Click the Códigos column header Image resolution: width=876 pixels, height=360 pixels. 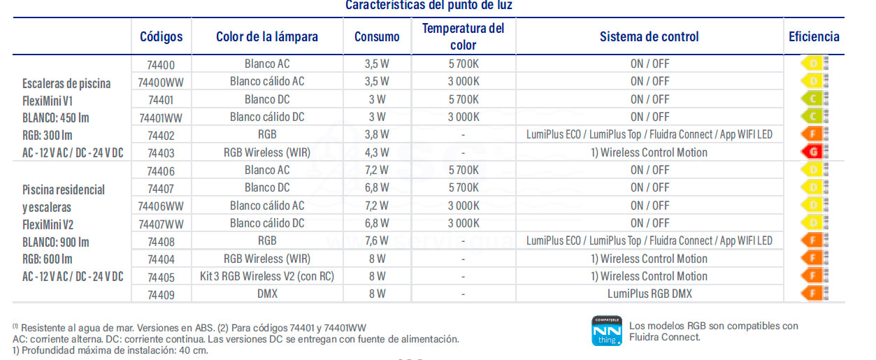click(161, 36)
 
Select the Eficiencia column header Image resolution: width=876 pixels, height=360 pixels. click(814, 36)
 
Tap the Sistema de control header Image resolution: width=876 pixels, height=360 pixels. click(649, 36)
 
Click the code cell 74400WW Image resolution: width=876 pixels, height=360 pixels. click(161, 81)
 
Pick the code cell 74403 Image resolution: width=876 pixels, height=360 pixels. click(161, 152)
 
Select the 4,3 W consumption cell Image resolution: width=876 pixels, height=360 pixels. click(377, 152)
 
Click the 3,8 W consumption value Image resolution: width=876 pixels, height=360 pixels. click(377, 134)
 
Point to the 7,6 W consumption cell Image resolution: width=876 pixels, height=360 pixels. click(377, 240)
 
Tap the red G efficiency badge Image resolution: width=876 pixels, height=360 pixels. click(813, 152)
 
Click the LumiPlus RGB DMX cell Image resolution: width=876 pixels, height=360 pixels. click(649, 294)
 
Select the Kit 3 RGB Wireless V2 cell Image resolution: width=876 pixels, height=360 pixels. click(267, 276)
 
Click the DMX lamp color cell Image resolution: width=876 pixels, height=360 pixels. click(267, 294)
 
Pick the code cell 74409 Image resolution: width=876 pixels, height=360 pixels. click(161, 294)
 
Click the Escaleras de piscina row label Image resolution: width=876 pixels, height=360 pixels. click(66, 84)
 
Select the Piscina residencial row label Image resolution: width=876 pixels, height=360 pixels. click(64, 189)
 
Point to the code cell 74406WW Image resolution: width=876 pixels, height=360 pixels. click(161, 206)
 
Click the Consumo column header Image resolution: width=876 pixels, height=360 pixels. click(377, 36)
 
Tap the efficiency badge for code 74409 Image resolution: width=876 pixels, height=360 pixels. click(813, 294)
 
